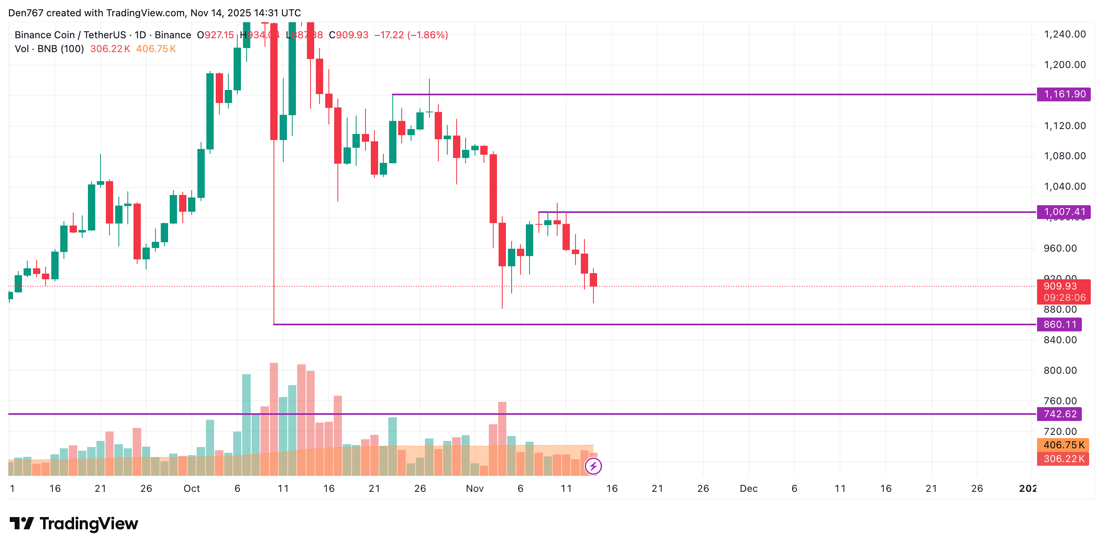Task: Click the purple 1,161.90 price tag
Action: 1064,94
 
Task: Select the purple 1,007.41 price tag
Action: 1064,212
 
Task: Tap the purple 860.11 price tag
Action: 1059,324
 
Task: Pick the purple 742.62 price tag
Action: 1059,414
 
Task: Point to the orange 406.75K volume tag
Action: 1063,445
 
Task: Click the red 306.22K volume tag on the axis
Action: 1063,459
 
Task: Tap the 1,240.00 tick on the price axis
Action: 1064,34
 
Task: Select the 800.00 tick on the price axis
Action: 1060,370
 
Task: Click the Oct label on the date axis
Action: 191,489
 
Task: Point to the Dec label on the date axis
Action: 748,489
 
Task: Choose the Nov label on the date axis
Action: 475,489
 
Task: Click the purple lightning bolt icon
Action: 593,466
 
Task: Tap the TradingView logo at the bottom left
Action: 74,524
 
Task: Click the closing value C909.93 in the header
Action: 348,35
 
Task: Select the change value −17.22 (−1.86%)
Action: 411,35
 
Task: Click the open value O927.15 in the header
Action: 215,35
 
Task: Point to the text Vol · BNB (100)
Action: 49,49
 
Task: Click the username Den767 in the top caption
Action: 26,13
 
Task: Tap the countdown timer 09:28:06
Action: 1064,298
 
